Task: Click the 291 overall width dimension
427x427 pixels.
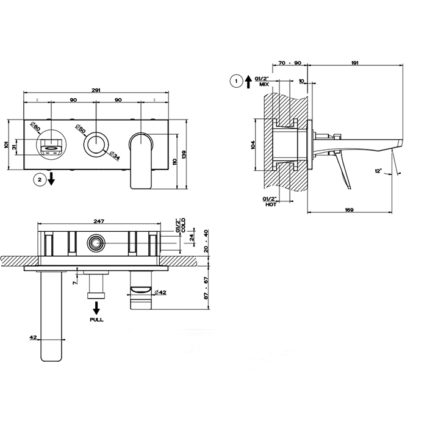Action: pos(96,90)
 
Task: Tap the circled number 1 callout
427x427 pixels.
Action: pos(236,81)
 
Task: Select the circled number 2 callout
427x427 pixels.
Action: pos(40,180)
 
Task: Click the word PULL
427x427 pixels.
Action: pos(96,320)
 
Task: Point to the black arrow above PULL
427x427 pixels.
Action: pos(96,308)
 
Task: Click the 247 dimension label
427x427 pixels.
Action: pos(99,221)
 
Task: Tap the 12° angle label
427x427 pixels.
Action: pos(379,171)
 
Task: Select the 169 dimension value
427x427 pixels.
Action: pos(349,210)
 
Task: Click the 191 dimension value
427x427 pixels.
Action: pos(355,63)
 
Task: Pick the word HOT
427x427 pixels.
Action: pos(271,204)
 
